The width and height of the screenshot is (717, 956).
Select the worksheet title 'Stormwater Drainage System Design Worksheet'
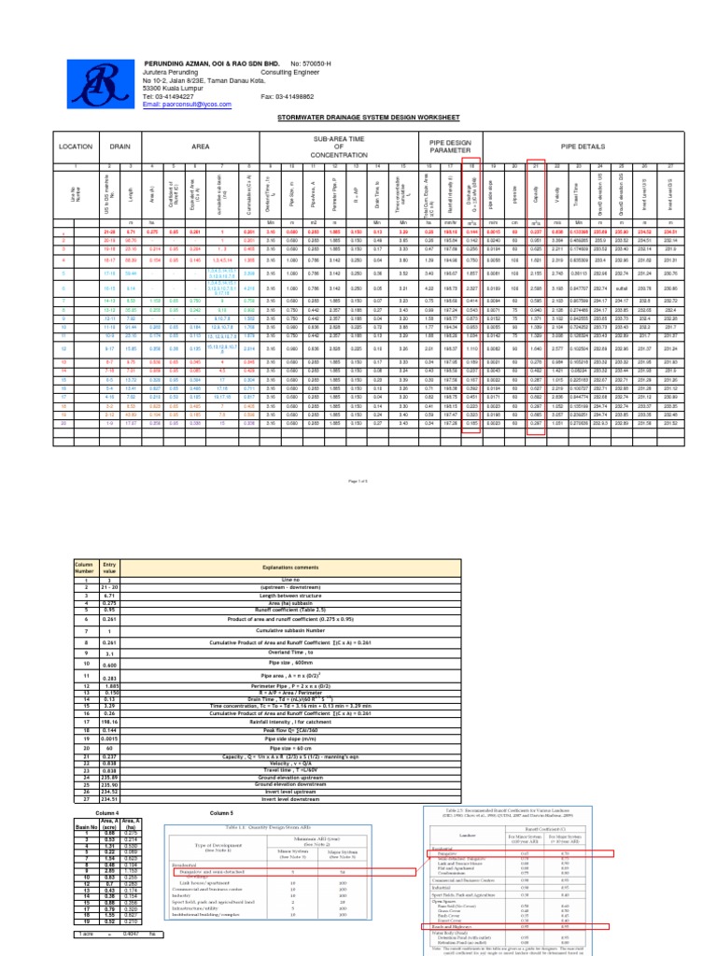tap(358, 119)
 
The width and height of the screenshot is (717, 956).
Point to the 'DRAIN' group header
tap(120, 147)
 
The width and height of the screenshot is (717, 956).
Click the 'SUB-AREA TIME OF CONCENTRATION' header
tap(329, 146)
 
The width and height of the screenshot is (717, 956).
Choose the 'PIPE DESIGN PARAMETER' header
tap(451, 146)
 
